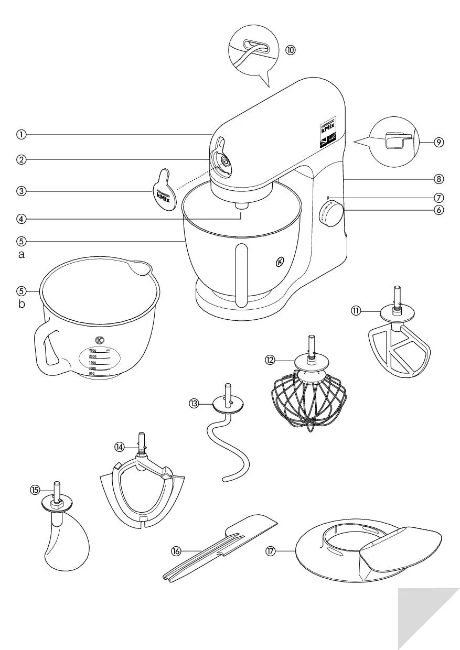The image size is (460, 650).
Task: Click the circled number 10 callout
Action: pyautogui.click(x=290, y=50)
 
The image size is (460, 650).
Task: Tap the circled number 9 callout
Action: pyautogui.click(x=439, y=142)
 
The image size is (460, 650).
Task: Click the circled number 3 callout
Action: pyautogui.click(x=21, y=191)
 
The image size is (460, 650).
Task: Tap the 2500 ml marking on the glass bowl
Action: pyautogui.click(x=95, y=350)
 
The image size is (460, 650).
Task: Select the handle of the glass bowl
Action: pyautogui.click(x=48, y=349)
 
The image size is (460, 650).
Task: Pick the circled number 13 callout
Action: pyautogui.click(x=195, y=403)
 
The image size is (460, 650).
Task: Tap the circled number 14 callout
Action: pyautogui.click(x=120, y=446)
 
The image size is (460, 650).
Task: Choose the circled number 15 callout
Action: pyautogui.click(x=35, y=490)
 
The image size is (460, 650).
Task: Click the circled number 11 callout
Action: pyautogui.click(x=356, y=310)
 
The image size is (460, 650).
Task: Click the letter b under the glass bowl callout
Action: pyautogui.click(x=22, y=304)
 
